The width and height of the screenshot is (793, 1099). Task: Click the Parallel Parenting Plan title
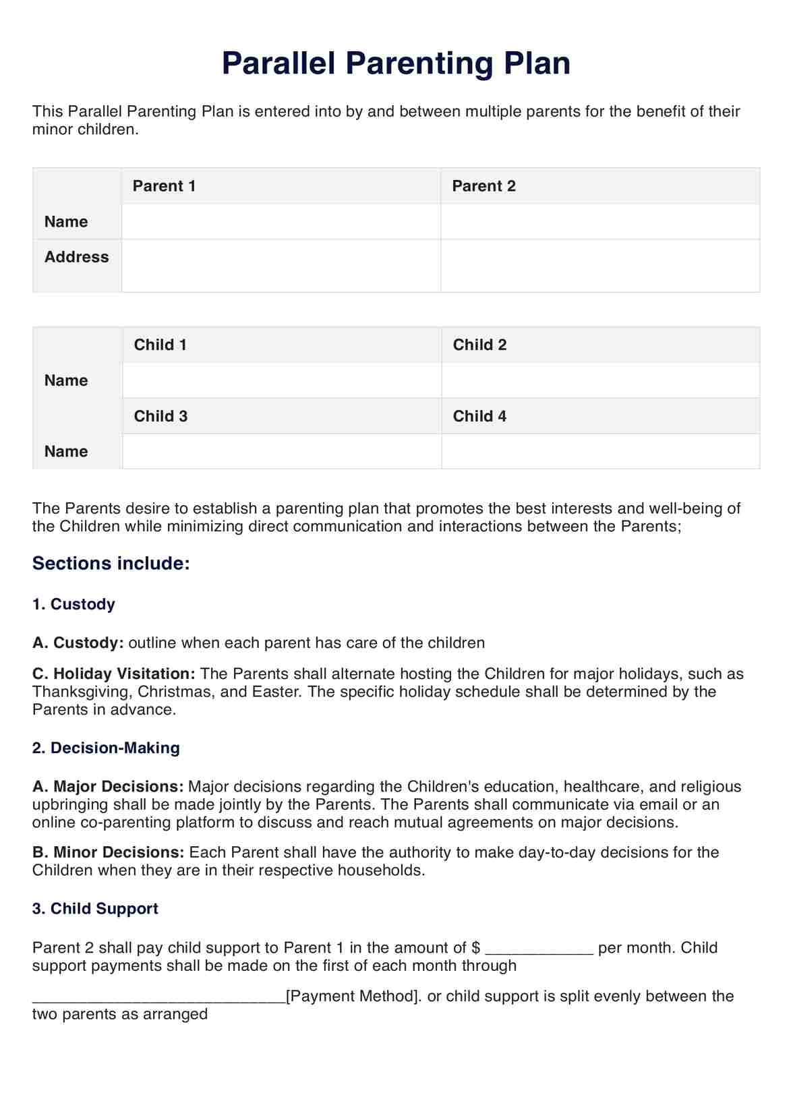tap(396, 63)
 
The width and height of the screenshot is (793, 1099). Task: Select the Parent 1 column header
tap(164, 186)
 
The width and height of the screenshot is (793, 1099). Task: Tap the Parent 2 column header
tap(483, 186)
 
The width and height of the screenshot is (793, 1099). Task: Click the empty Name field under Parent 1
tap(281, 222)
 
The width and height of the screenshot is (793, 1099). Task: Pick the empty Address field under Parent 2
tap(600, 266)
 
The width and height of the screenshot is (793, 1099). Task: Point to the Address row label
tap(76, 257)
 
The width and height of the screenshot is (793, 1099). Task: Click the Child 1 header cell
tap(160, 345)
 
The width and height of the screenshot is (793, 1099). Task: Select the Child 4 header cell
tap(479, 416)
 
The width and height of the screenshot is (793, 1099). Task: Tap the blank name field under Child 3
tap(282, 451)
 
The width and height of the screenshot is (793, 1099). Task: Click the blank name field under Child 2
tap(600, 380)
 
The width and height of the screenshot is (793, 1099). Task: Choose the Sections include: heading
tap(111, 564)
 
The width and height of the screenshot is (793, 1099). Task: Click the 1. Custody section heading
tap(74, 604)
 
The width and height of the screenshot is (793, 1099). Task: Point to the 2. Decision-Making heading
tap(106, 748)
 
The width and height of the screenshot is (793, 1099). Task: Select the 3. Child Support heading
tap(95, 909)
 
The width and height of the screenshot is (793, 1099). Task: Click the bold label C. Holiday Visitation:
tap(114, 674)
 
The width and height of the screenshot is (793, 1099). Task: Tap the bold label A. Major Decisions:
tap(108, 787)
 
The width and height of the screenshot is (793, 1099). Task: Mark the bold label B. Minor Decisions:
tap(108, 852)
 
